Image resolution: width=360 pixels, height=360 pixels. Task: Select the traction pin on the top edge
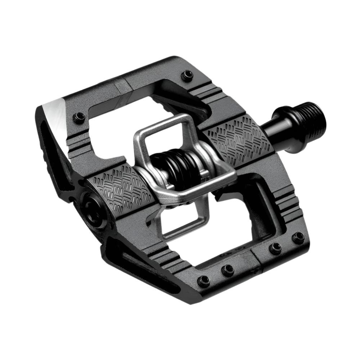[x=187, y=75]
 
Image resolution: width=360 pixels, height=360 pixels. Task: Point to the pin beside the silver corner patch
[x=78, y=117]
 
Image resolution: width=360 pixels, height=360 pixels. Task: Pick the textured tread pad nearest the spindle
[x=238, y=139]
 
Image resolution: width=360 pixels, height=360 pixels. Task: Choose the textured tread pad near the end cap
[x=121, y=188]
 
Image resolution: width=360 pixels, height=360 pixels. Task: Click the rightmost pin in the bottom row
[x=298, y=237]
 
